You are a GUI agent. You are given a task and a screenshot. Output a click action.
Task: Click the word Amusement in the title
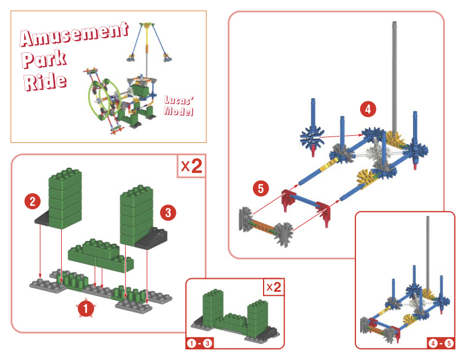click(74, 35)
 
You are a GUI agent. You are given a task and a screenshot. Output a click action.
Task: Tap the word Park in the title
click(45, 59)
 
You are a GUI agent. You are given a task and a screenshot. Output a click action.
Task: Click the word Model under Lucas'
click(179, 112)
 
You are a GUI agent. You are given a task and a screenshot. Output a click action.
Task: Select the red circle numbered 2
click(33, 201)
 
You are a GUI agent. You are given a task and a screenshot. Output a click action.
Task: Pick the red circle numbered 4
click(368, 109)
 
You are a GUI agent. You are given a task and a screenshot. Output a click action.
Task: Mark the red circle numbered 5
click(261, 188)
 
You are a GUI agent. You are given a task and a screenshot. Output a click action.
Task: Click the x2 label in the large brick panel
click(191, 166)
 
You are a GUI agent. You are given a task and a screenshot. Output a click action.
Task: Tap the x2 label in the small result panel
click(273, 288)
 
